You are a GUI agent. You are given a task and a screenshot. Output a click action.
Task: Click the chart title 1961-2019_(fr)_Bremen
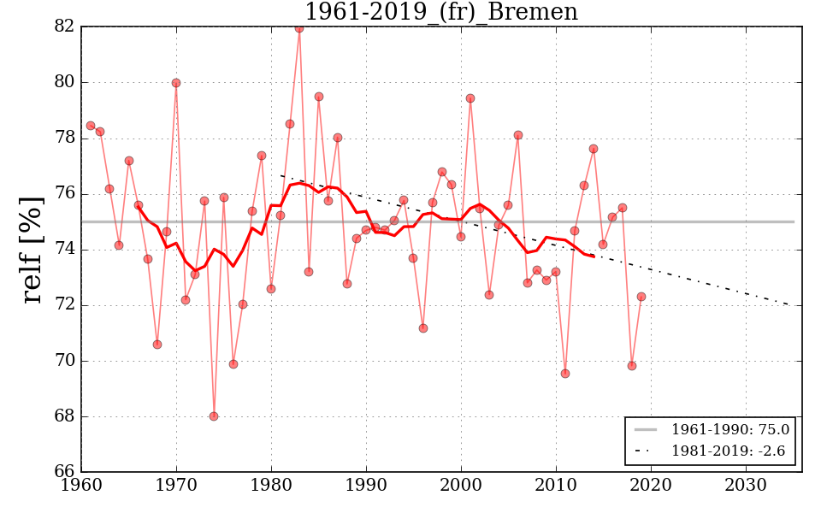pos(441,12)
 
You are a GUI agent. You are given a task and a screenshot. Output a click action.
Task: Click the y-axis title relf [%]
pos(32,249)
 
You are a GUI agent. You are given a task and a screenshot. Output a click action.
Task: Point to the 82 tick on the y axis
pos(64,27)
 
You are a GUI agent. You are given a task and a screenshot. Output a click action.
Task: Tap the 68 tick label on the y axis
pos(64,416)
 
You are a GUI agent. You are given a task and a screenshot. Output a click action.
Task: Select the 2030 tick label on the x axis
pos(746,485)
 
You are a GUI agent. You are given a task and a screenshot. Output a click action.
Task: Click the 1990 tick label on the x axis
pos(366,485)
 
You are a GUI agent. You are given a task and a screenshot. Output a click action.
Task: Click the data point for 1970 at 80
pos(176,83)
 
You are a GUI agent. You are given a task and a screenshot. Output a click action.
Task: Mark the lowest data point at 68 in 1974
pos(214,416)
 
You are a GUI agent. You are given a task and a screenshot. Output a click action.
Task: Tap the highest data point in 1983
pos(299,28)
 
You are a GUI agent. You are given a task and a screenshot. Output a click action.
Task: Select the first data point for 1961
pos(91,126)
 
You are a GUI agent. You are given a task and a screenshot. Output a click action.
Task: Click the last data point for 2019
pos(641,297)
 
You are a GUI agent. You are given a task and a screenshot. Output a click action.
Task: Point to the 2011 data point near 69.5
pos(565,374)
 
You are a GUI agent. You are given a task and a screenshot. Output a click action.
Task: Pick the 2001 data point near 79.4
pos(470,98)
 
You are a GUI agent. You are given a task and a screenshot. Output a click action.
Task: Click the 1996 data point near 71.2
pos(423,328)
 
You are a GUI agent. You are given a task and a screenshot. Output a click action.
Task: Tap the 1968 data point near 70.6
pos(157,345)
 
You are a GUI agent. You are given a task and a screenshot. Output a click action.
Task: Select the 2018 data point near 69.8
pos(632,366)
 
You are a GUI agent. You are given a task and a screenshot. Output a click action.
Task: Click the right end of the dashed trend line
pos(801,305)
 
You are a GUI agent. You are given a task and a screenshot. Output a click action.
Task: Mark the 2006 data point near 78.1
pos(518,135)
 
